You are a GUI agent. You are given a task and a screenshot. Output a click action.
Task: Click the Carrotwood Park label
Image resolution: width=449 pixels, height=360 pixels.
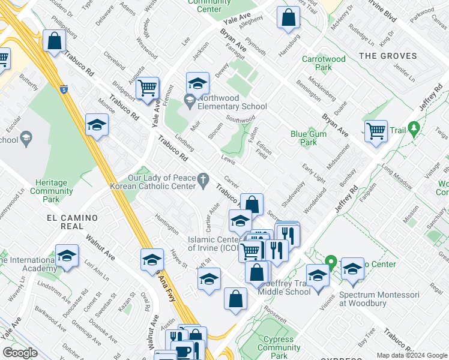[324, 64]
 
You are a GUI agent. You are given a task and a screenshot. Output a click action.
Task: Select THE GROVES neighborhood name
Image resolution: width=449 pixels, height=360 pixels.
[387, 56]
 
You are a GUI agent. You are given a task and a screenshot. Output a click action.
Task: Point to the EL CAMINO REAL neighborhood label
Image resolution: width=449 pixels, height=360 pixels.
[72, 221]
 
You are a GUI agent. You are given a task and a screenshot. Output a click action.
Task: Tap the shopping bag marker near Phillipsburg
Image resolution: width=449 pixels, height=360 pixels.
[54, 42]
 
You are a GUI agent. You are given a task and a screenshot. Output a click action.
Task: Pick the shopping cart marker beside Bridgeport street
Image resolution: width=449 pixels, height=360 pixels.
[147, 88]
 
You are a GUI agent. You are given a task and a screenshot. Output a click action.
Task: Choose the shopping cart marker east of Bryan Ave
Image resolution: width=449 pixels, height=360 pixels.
[376, 130]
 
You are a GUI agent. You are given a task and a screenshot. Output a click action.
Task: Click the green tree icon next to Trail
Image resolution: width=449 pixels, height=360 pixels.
[413, 128]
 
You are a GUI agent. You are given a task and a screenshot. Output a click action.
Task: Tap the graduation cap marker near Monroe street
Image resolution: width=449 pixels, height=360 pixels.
[96, 125]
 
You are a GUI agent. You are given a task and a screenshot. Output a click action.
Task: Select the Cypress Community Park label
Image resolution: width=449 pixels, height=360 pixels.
[279, 347]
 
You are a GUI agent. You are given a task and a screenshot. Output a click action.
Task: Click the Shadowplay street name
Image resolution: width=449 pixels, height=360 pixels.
[294, 193]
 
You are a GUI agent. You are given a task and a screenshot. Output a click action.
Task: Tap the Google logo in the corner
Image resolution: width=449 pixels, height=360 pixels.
[20, 353]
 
